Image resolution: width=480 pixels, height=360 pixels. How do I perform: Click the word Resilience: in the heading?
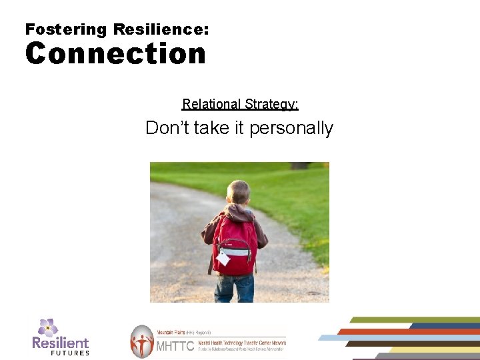click(x=161, y=29)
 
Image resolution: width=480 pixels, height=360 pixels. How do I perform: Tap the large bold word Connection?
click(x=115, y=53)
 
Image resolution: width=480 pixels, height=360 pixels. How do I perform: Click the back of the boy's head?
click(x=239, y=193)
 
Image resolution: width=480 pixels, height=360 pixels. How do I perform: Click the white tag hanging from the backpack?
click(x=223, y=259)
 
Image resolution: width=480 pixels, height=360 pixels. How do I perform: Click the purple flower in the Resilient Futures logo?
click(x=47, y=327)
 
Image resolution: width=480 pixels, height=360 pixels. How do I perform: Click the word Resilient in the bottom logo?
click(x=60, y=343)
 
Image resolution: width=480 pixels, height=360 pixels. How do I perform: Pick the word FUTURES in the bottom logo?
click(x=70, y=353)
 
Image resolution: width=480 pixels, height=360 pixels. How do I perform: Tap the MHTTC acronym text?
click(x=175, y=346)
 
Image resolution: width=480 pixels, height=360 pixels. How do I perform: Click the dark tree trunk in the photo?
click(x=301, y=165)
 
